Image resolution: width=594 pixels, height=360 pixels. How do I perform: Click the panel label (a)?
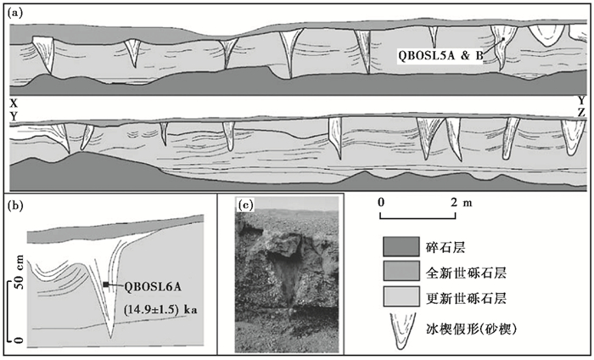pyautogui.click(x=16, y=11)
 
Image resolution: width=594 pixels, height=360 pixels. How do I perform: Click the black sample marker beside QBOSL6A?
pyautogui.click(x=106, y=285)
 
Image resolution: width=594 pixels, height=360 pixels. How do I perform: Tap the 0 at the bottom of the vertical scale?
pyautogui.click(x=9, y=340)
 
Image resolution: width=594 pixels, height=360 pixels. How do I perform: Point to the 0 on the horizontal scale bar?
pyautogui.click(x=383, y=203)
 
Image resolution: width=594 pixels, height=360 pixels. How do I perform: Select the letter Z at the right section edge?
pyautogui.click(x=580, y=112)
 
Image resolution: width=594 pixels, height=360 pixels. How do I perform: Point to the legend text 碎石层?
pyautogui.click(x=457, y=247)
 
